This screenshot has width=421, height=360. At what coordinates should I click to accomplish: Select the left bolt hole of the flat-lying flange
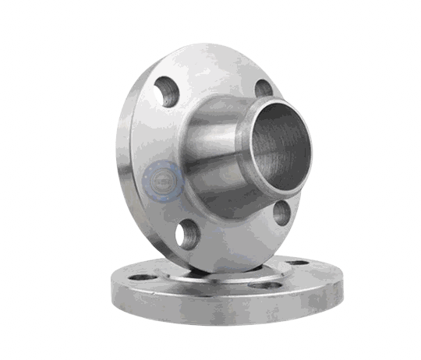tap(140, 276)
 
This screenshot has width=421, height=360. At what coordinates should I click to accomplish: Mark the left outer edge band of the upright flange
tap(122, 164)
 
